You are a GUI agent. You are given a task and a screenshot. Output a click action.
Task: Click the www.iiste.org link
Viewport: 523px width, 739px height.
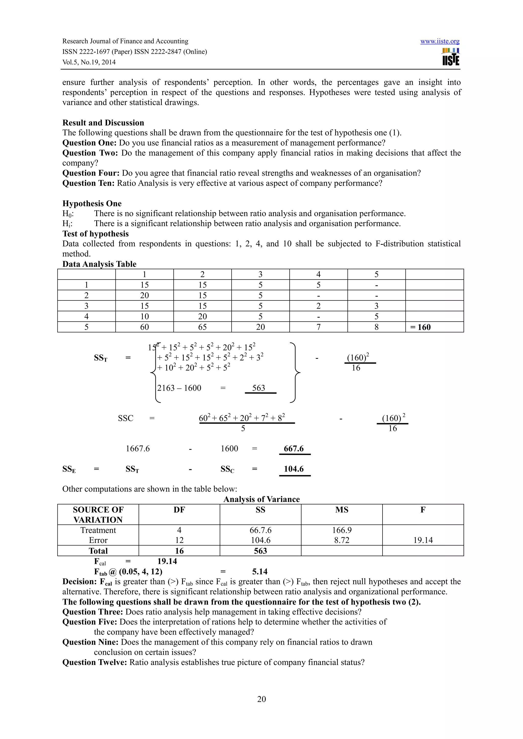(439, 41)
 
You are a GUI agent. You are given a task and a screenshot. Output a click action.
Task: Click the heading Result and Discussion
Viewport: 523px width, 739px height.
(103, 123)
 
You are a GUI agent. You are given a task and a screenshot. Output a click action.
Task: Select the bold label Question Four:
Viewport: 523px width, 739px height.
(91, 173)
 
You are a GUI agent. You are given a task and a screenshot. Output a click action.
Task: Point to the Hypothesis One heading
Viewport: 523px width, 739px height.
(92, 203)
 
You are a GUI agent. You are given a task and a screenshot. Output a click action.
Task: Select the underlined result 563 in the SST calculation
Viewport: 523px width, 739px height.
(258, 388)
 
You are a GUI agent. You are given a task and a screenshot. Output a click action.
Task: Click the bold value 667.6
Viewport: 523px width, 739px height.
(294, 449)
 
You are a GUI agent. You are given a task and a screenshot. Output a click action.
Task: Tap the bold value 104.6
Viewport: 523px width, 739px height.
(294, 469)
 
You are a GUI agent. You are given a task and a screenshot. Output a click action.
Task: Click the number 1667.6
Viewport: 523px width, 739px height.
(138, 449)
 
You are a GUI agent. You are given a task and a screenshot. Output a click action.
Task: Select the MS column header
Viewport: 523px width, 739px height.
(342, 509)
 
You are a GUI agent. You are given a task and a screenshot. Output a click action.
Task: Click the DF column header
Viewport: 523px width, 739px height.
(179, 509)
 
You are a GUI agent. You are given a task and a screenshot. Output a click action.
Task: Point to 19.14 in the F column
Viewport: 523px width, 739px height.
(423, 540)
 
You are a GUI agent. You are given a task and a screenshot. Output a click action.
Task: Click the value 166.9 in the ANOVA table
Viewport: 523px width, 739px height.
(342, 530)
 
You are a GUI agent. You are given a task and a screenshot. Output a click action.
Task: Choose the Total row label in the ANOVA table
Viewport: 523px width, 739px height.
(98, 551)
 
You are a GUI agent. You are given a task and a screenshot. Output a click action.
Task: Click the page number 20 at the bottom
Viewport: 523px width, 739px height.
(261, 699)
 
